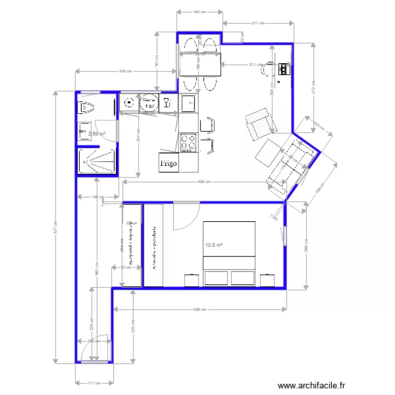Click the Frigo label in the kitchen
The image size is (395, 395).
(x=169, y=163)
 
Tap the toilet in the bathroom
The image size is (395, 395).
(x=86, y=108)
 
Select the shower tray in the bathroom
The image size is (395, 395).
(x=97, y=161)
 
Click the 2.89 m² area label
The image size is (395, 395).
(x=96, y=134)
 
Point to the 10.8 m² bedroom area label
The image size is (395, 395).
(x=213, y=245)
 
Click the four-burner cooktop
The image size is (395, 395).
(x=189, y=143)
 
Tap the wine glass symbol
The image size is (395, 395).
(x=166, y=102)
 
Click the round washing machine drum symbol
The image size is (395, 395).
(x=149, y=102)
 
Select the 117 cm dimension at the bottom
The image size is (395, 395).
(x=93, y=383)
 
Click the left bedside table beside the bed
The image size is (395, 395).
(x=190, y=279)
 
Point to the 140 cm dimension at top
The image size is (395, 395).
(x=199, y=11)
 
